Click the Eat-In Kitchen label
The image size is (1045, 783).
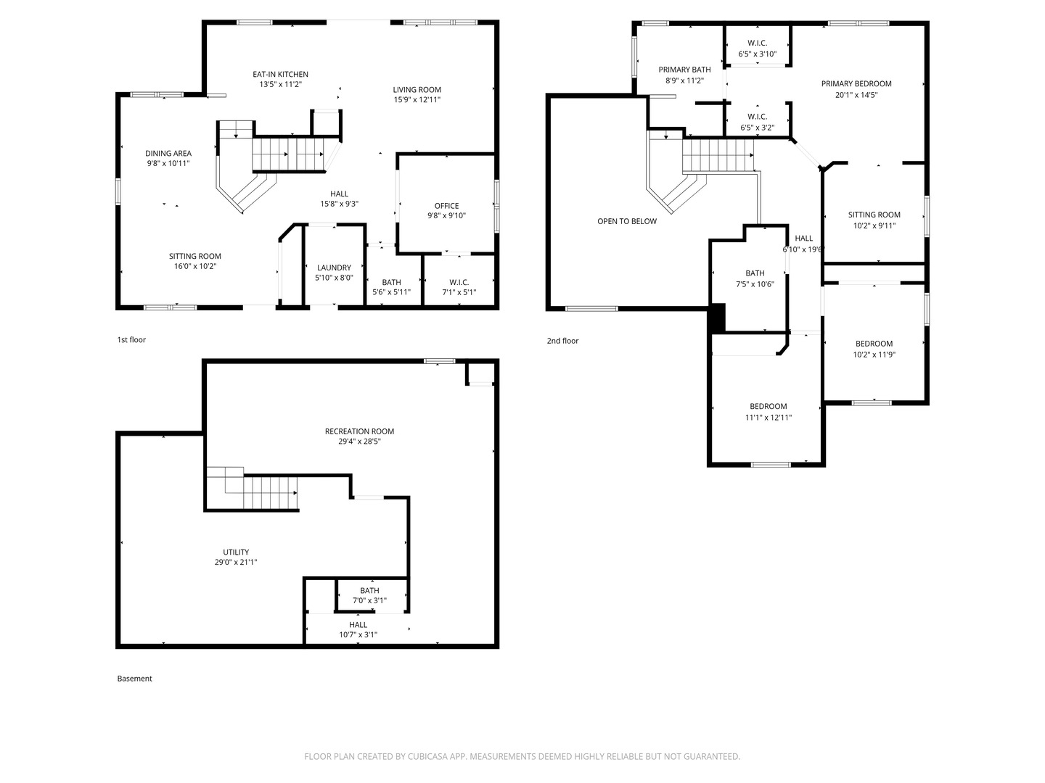pos(280,74)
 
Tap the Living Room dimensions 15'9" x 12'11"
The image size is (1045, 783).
pos(417,100)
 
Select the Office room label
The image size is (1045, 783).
pos(446,206)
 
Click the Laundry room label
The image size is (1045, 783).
pos(334,268)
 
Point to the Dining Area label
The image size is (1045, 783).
pos(168,153)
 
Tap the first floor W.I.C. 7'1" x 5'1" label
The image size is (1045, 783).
pos(459,282)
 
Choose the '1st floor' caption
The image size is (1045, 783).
pos(131,339)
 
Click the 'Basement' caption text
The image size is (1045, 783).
pos(135,679)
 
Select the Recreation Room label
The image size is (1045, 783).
pos(359,431)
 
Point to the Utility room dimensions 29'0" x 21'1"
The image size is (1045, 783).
pos(236,562)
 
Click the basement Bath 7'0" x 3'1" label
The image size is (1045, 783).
pos(369,591)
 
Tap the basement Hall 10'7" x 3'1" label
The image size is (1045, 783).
pos(358,625)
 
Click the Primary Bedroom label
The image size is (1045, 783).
pos(856,83)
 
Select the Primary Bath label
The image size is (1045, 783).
pos(684,70)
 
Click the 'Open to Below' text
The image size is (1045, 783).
pos(627,221)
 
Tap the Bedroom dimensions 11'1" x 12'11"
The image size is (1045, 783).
pos(768,418)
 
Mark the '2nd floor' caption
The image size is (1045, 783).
pos(562,341)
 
